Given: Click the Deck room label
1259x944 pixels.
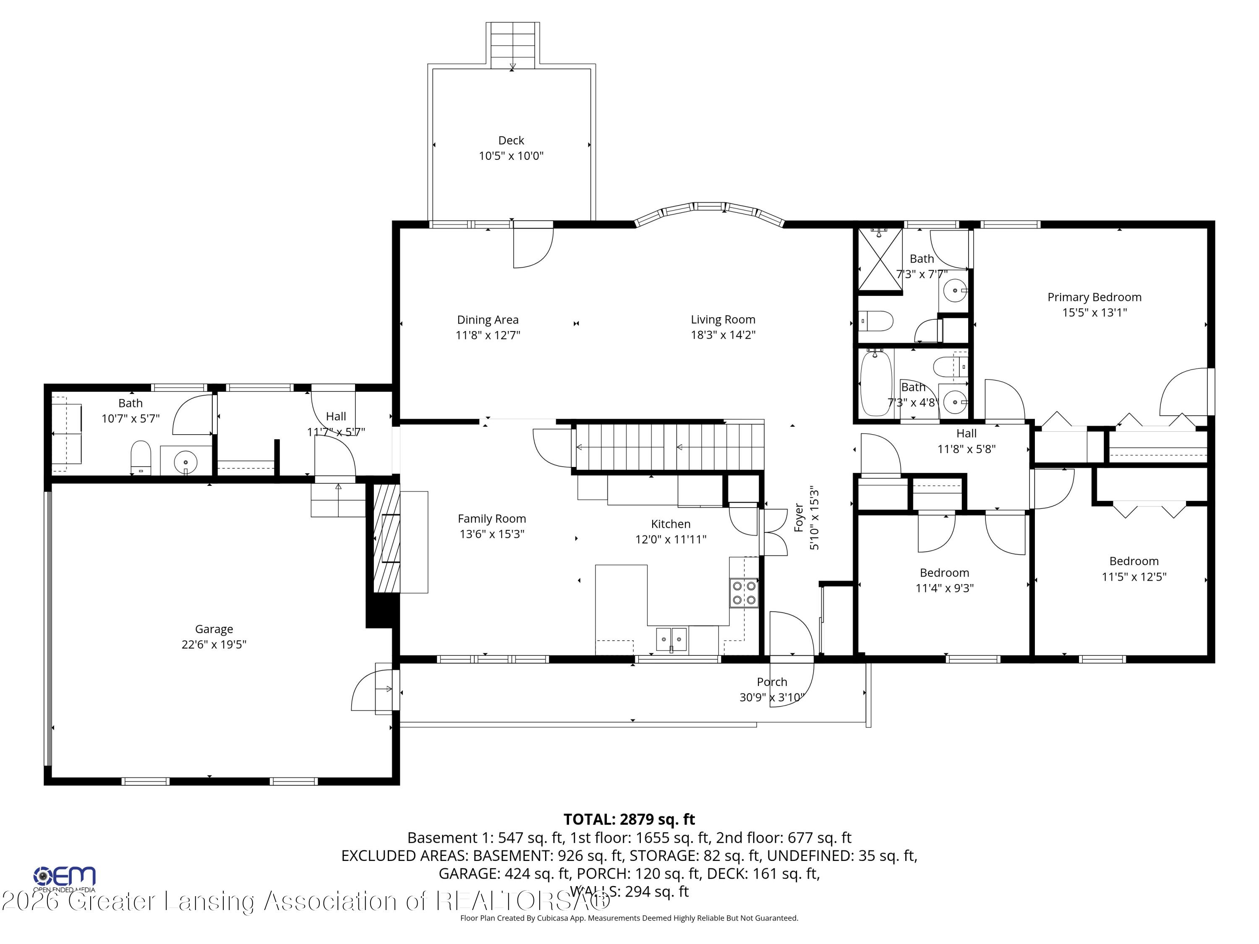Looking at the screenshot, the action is tap(511, 140).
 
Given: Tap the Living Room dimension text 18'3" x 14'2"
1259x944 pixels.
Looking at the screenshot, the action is tap(723, 335).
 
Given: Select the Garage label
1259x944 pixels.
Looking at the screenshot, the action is tap(214, 629).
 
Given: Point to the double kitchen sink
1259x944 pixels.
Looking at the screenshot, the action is tap(671, 639).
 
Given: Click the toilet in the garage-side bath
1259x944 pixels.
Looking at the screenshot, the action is tap(141, 457).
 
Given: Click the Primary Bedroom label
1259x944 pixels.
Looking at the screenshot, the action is tap(1094, 297).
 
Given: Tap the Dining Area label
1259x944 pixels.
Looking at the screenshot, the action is tap(488, 320).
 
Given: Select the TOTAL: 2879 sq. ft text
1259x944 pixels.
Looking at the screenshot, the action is tap(629, 819).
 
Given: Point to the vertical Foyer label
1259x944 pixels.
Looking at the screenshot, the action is tap(799, 518).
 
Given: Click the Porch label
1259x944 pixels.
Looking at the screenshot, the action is tap(772, 682).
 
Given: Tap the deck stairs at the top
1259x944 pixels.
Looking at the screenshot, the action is tap(512, 45).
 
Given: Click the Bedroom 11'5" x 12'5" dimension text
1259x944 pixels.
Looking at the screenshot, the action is tap(1134, 577).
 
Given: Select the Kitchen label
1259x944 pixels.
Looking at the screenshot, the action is tap(671, 524).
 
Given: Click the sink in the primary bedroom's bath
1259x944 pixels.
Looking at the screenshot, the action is tap(954, 291).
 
